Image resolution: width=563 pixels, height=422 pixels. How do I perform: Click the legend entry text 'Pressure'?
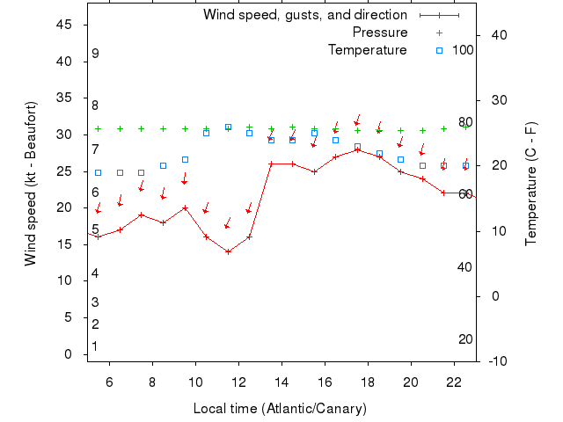(x=380, y=33)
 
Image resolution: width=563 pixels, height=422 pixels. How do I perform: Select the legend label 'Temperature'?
(x=368, y=50)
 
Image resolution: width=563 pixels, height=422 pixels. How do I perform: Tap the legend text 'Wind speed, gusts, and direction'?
(x=305, y=15)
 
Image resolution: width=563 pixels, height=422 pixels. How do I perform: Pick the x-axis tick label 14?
(x=281, y=382)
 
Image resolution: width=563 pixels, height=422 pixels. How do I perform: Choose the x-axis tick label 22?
(x=454, y=382)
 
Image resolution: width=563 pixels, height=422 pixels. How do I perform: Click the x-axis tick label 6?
(x=110, y=382)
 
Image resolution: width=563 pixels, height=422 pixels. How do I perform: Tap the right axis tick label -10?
(x=495, y=360)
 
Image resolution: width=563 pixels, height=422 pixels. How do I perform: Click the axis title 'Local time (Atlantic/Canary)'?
(x=280, y=409)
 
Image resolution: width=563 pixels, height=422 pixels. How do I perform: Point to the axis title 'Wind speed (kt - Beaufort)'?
(x=31, y=183)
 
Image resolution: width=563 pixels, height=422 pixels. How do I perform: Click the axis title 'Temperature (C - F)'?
(x=531, y=183)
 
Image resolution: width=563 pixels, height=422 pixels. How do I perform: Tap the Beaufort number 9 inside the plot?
(x=95, y=55)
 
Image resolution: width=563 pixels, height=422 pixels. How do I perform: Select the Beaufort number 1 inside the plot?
(x=95, y=346)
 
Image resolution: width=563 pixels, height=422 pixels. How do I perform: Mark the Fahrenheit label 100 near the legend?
(x=463, y=50)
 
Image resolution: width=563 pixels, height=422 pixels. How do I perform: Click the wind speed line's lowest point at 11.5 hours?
(x=228, y=251)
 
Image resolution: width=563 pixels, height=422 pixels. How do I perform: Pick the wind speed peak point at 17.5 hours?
(x=357, y=149)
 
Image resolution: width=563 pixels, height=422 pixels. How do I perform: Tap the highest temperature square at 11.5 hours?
(x=228, y=127)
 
